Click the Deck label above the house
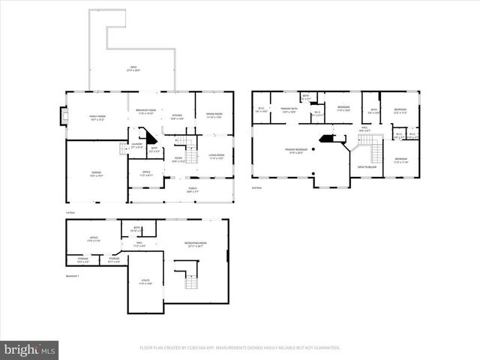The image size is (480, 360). pyautogui.click(x=133, y=70)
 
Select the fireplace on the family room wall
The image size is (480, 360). pyautogui.click(x=63, y=115)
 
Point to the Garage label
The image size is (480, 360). pyautogui.click(x=97, y=173)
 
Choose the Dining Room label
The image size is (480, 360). pyautogui.click(x=214, y=115)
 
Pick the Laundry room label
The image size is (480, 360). pyautogui.click(x=136, y=145)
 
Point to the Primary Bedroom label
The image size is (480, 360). pyautogui.click(x=294, y=151)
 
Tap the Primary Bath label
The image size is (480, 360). pyautogui.click(x=289, y=110)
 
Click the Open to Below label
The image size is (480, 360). pyautogui.click(x=366, y=166)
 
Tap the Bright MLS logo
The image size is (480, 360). pyautogui.click(x=29, y=349)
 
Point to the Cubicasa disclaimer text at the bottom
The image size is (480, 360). pyautogui.click(x=240, y=348)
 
